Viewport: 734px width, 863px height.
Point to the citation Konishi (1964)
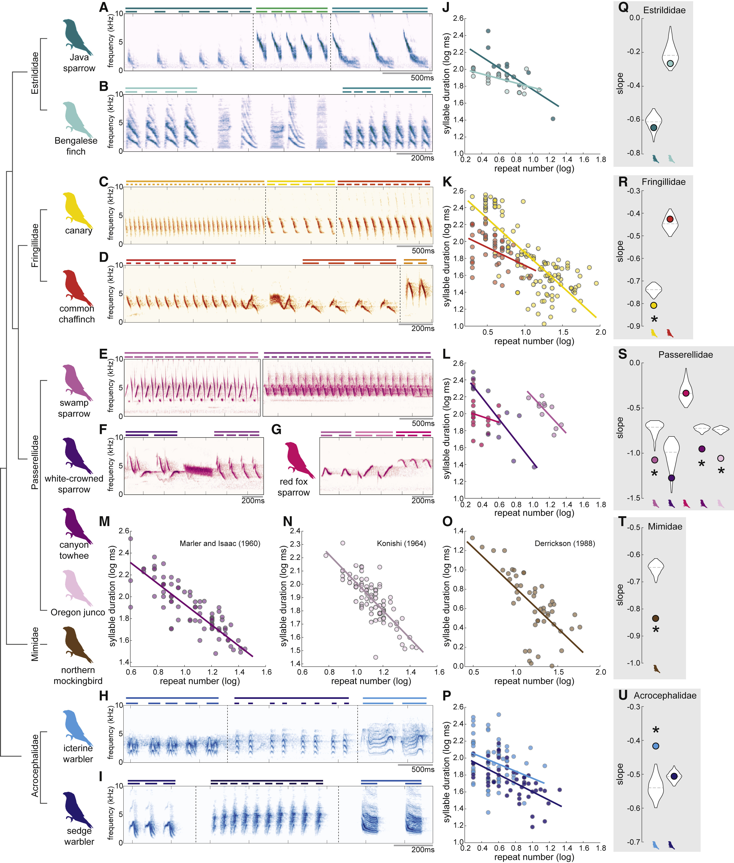coord(401,543)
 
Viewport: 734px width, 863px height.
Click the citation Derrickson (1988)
coord(565,543)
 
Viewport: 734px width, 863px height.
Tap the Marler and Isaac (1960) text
coord(220,543)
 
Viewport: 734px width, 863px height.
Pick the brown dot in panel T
coord(655,618)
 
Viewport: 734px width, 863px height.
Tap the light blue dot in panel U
coord(656,746)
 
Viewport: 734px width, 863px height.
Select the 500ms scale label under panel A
coord(422,78)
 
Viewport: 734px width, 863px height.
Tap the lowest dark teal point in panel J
coord(553,119)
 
